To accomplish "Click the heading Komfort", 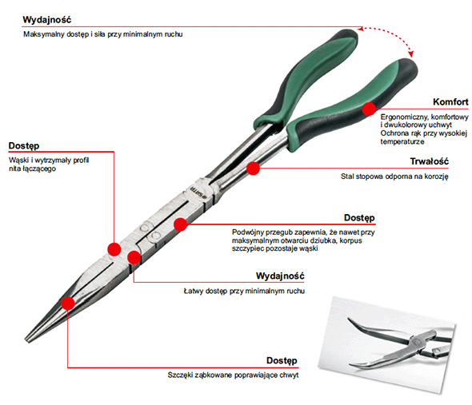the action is coord(450,102).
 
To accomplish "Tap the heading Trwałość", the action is coord(430,161).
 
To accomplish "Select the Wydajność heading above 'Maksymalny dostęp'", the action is coord(47,20).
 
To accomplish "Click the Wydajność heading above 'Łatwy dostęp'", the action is coord(280,276).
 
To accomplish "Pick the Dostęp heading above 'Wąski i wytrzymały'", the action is coord(24,146).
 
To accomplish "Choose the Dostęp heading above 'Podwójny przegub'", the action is coord(359,218).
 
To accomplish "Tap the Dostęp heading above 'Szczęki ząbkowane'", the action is coord(282,360).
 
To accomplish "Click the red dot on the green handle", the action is coord(369,109).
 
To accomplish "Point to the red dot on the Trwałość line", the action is coord(253,169).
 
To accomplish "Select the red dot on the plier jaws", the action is coord(68,304).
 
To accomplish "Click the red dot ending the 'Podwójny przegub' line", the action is coord(181,224).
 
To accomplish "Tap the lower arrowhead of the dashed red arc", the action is coord(411,54).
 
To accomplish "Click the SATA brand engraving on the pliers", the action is coord(197,193).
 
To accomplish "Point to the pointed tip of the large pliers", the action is coord(26,340).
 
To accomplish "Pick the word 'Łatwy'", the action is coord(194,291).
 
